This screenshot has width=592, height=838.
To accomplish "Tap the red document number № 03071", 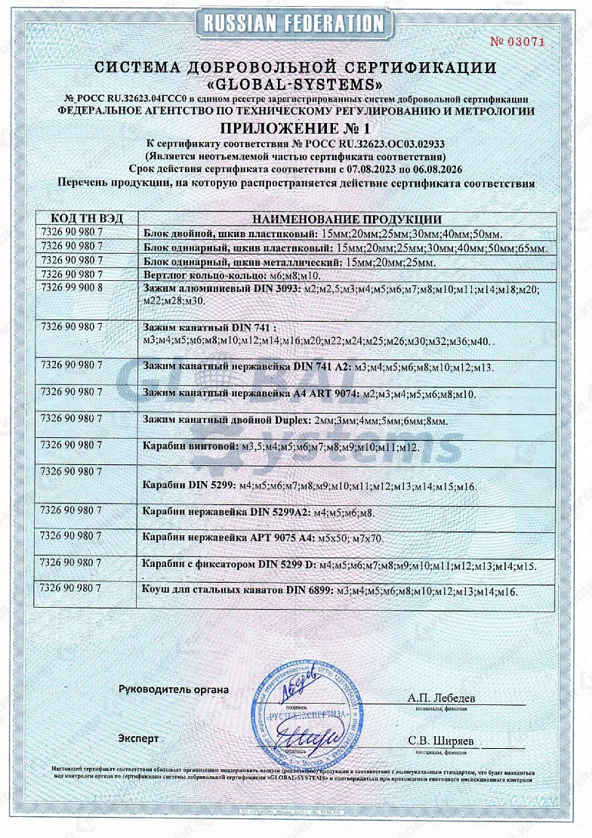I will (517, 41).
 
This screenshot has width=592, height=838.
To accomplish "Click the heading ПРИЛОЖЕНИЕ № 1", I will (295, 127).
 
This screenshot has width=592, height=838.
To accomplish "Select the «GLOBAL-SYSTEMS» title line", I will (295, 83).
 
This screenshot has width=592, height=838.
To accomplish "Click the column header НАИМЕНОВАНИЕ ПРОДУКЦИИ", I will (347, 219).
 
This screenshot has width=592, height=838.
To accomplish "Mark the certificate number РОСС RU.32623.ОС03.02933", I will (377, 142).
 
